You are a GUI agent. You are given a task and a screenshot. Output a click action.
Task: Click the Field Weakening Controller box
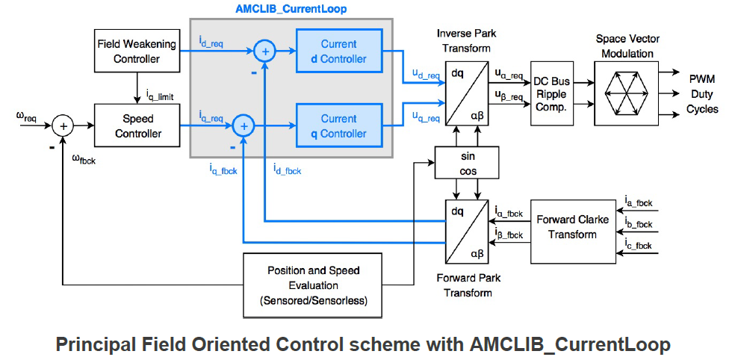pos(137,52)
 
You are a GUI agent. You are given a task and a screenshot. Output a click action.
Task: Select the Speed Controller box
pos(138,125)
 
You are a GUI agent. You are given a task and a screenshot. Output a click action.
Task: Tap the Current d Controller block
pos(339,52)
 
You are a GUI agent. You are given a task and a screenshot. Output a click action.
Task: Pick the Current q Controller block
pos(339,125)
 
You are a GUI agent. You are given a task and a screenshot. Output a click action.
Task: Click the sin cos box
pos(467,162)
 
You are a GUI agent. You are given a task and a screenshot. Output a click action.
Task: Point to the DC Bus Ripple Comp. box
pos(552,93)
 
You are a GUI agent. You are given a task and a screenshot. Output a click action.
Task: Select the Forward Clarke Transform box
pos(573,227)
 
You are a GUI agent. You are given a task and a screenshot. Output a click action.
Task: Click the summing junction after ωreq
pos(64,126)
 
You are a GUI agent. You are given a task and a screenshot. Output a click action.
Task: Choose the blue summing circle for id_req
pos(265,52)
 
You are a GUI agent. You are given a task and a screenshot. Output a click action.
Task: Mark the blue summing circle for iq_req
pos(244,125)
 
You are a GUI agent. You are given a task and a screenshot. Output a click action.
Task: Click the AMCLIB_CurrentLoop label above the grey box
pos(291,8)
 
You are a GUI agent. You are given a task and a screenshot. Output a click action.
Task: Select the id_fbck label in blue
pos(287,169)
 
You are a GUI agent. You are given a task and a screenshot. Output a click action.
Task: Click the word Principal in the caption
pos(93,345)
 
